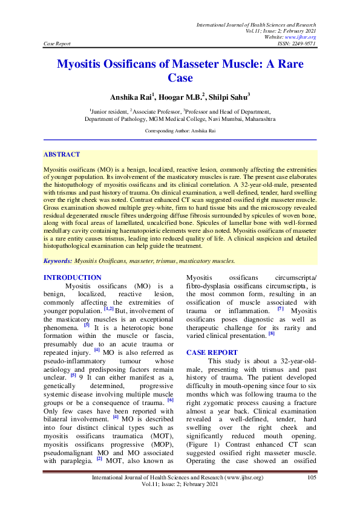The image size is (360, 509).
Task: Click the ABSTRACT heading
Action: point(62,155)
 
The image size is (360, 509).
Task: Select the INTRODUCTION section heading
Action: point(73,277)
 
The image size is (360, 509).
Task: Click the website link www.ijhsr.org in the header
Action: point(304,37)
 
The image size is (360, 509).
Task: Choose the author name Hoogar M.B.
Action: point(180,96)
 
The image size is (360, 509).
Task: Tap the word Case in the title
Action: point(180,78)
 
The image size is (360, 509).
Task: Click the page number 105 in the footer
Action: point(312,478)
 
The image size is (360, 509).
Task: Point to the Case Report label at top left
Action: point(57,44)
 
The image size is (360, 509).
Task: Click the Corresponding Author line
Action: point(180,131)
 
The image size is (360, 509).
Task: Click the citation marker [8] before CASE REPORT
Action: point(272,333)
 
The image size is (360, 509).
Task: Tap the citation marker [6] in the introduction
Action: point(170,400)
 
